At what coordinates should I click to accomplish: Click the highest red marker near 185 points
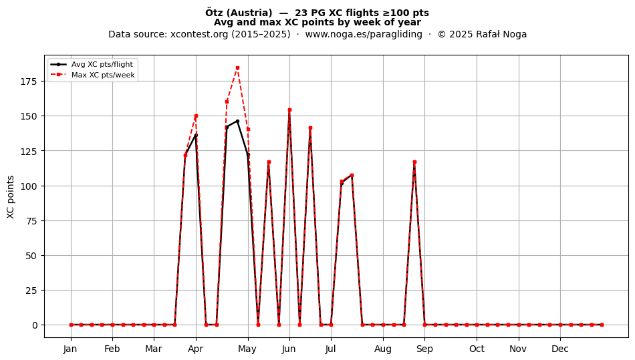point(237,68)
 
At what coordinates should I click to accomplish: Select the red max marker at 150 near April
point(196,116)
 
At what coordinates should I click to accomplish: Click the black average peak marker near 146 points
point(237,122)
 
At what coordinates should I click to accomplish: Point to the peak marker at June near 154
point(289,110)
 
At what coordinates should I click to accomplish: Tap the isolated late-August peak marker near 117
point(414,162)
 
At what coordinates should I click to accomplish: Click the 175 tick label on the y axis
point(29,81)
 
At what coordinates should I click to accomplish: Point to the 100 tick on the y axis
point(29,186)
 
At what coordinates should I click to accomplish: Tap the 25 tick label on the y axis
point(31,291)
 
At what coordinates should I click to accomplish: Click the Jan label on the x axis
point(70,349)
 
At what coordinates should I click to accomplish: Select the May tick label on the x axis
point(247,349)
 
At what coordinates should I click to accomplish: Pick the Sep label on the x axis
point(424,349)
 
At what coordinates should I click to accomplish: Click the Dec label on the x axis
point(560,349)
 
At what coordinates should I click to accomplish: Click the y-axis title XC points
point(11,198)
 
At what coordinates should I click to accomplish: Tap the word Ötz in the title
point(215,13)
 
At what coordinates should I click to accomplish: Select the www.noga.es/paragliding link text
point(364,34)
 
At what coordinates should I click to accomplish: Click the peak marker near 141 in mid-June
point(310,128)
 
